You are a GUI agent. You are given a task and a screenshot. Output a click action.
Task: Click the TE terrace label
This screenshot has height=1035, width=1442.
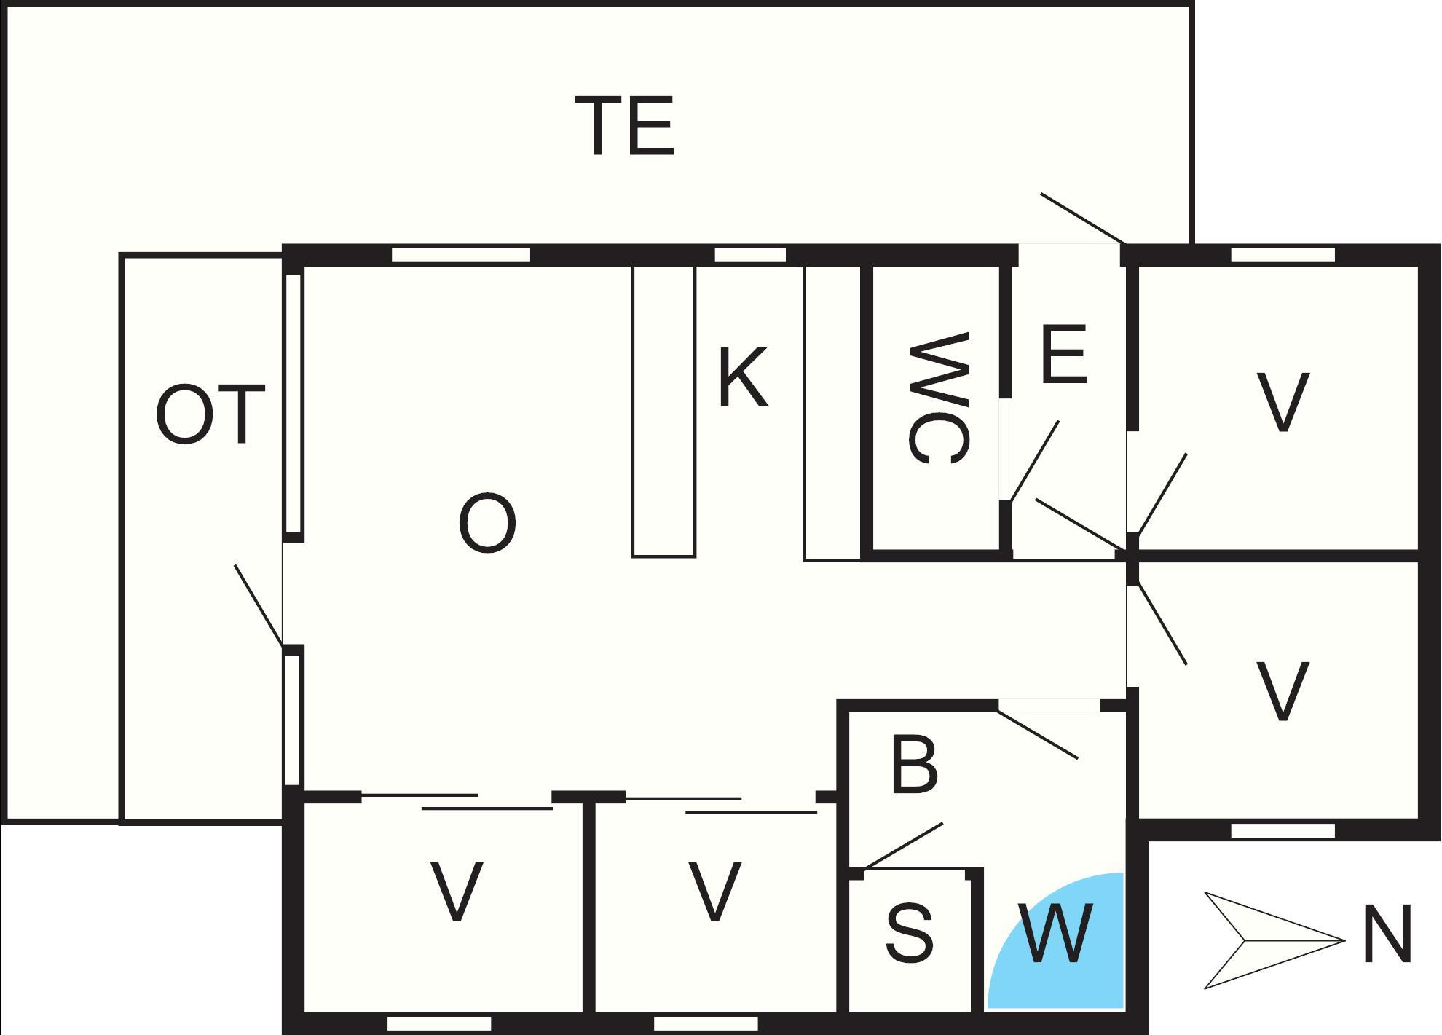tap(625, 127)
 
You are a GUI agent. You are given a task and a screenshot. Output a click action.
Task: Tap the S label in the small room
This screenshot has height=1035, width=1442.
tap(910, 933)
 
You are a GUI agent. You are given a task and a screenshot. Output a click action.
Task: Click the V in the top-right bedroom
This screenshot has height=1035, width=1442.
tap(1283, 402)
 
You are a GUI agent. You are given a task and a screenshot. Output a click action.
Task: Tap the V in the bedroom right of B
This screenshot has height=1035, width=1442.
tap(1283, 690)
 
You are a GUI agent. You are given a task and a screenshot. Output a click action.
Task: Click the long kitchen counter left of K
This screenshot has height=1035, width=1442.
tap(663, 412)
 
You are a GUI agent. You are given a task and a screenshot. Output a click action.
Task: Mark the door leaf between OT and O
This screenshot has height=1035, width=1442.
tap(259, 605)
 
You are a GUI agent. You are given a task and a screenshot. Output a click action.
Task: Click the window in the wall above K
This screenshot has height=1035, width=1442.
tap(749, 255)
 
